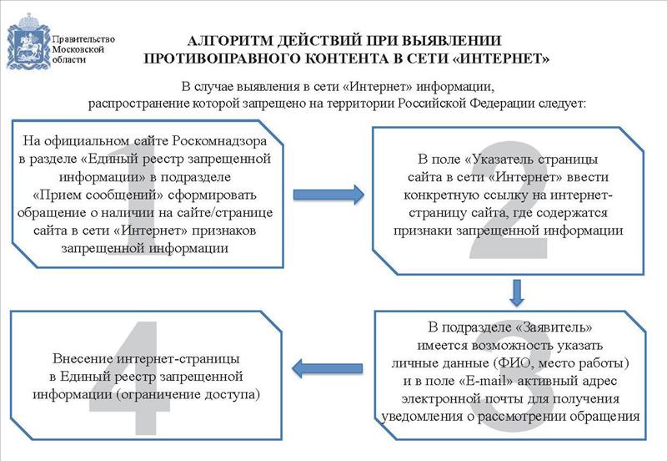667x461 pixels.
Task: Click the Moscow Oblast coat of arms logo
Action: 28,41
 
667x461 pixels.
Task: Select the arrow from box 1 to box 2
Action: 328,195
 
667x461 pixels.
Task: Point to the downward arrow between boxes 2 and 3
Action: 516,292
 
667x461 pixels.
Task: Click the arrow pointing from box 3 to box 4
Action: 328,368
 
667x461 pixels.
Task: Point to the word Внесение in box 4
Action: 83,358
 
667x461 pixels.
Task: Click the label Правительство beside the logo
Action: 83,39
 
